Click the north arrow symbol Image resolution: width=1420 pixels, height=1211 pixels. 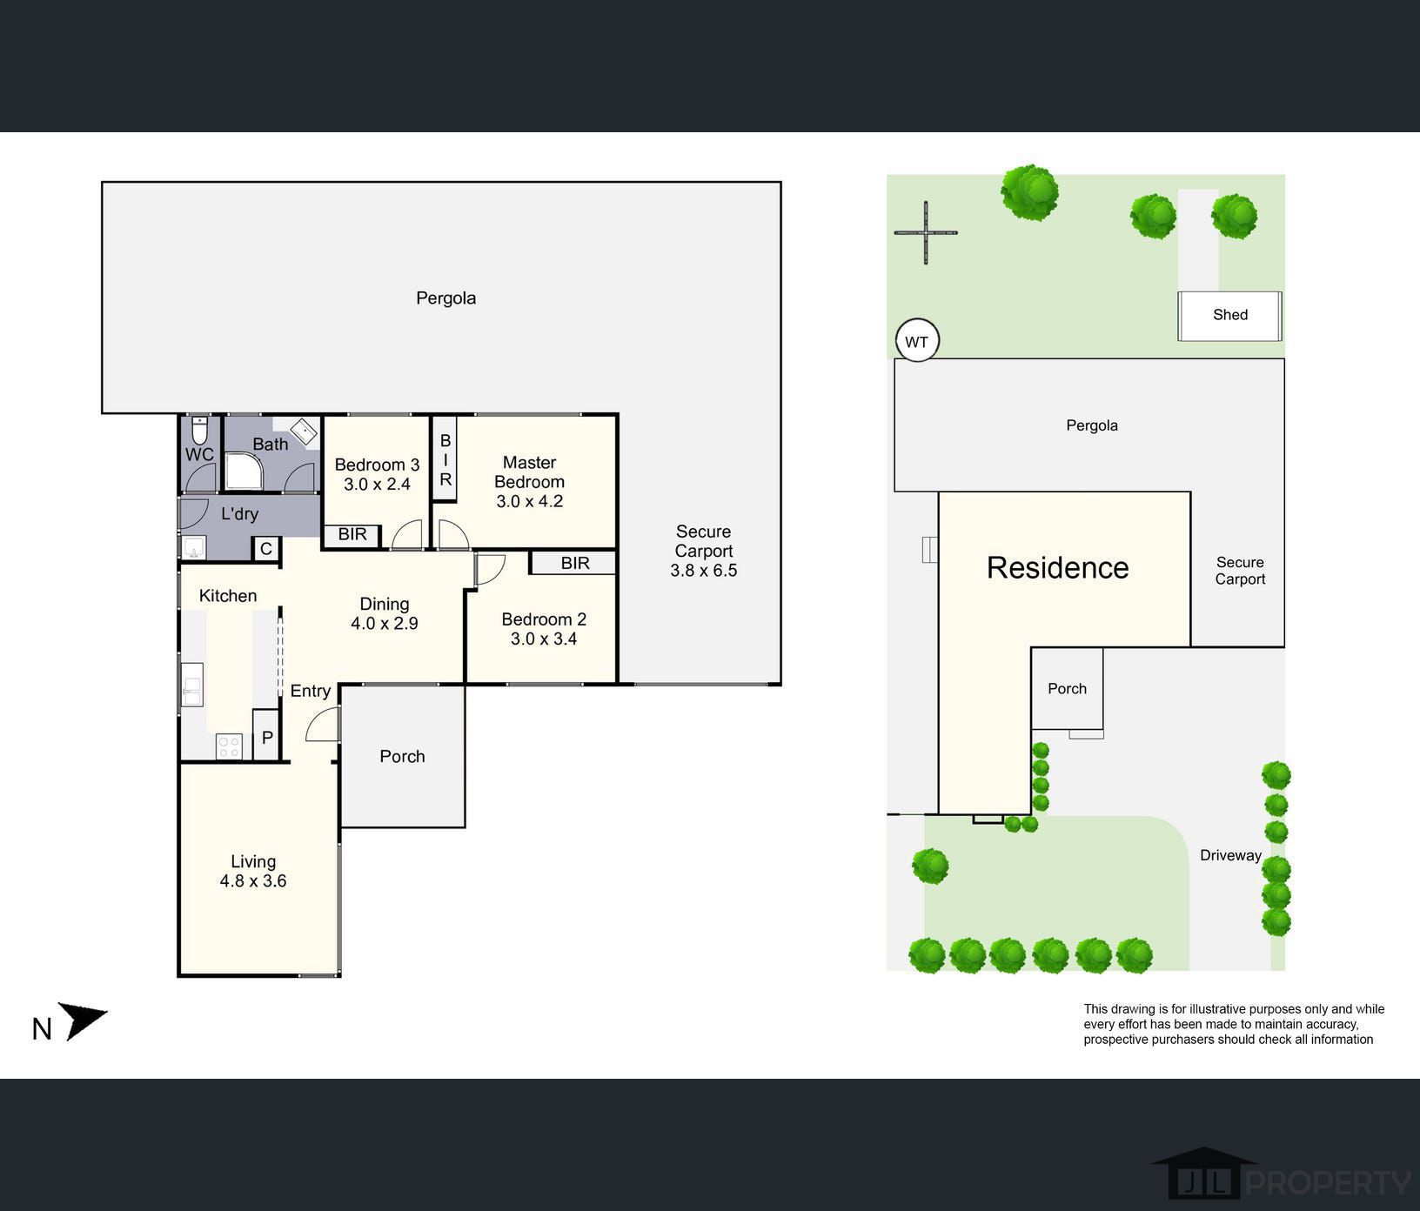tap(84, 1020)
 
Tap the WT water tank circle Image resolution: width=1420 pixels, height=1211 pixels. tap(917, 341)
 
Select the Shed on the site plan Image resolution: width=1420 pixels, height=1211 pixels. tap(1229, 316)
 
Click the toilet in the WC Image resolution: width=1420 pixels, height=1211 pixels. tap(200, 430)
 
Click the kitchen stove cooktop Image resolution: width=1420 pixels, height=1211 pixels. tap(230, 746)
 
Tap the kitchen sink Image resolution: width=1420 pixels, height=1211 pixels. tap(192, 685)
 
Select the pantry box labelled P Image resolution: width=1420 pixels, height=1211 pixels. tap(266, 737)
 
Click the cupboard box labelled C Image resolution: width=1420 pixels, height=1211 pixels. tap(266, 548)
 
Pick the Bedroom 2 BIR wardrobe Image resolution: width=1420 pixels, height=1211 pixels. tap(574, 563)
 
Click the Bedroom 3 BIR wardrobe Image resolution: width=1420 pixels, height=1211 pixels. tap(352, 534)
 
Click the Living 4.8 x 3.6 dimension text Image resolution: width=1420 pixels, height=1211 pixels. tap(253, 880)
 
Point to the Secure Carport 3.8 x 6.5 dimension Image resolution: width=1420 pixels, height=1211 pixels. tap(704, 570)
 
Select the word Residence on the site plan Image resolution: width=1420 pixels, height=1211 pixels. tap(1057, 567)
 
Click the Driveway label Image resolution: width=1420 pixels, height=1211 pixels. tap(1230, 855)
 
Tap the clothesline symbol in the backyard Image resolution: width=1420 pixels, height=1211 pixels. tap(926, 232)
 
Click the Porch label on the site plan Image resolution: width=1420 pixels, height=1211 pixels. tap(1067, 688)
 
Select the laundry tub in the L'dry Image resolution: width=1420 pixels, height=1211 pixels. tap(193, 547)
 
